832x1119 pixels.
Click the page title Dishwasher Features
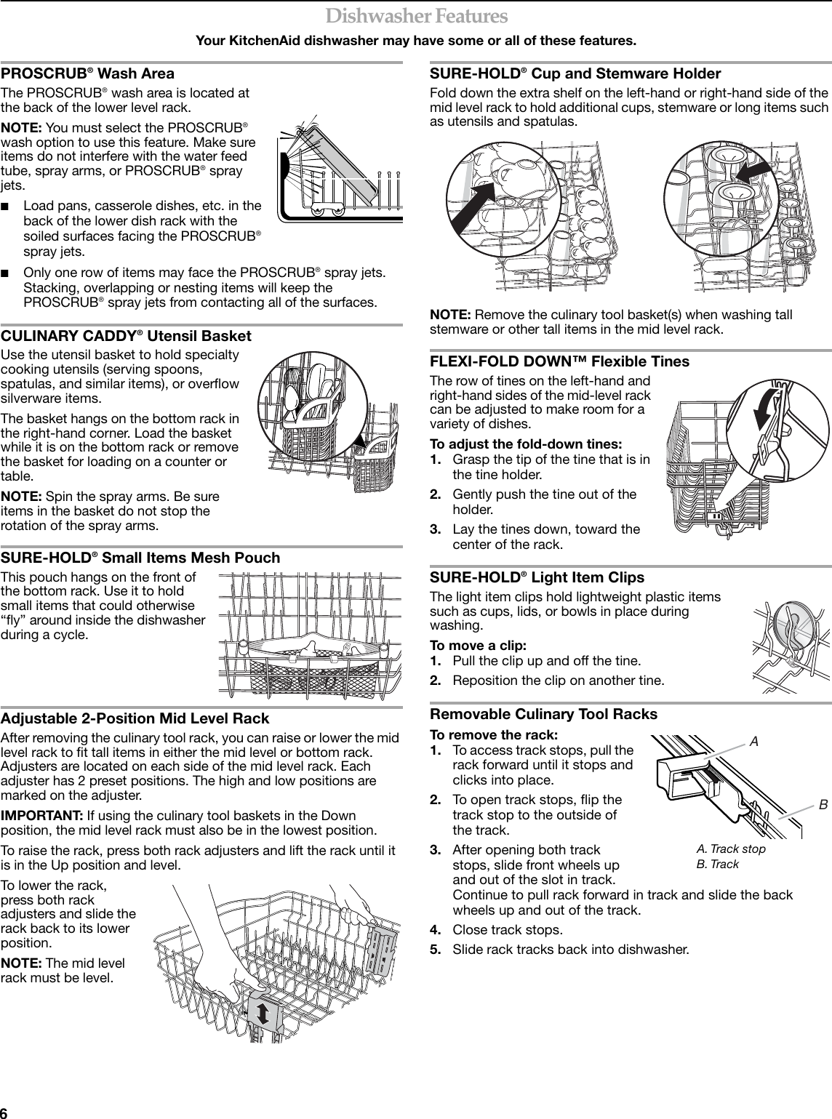pyautogui.click(x=416, y=15)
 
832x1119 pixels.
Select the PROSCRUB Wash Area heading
pyautogui.click(x=87, y=73)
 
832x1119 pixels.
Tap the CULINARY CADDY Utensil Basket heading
pyautogui.click(x=126, y=336)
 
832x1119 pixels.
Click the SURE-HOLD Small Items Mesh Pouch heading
pyautogui.click(x=140, y=558)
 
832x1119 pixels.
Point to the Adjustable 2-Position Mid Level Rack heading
pyautogui.click(x=135, y=718)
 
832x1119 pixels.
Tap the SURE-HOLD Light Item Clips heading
pyautogui.click(x=537, y=577)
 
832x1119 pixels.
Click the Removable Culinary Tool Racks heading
pyautogui.click(x=544, y=714)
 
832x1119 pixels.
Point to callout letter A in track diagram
pyautogui.click(x=754, y=742)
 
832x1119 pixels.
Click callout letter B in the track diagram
pyautogui.click(x=823, y=805)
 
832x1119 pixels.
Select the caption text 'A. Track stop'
pyautogui.click(x=730, y=849)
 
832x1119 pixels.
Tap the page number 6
pyautogui.click(x=5, y=1113)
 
